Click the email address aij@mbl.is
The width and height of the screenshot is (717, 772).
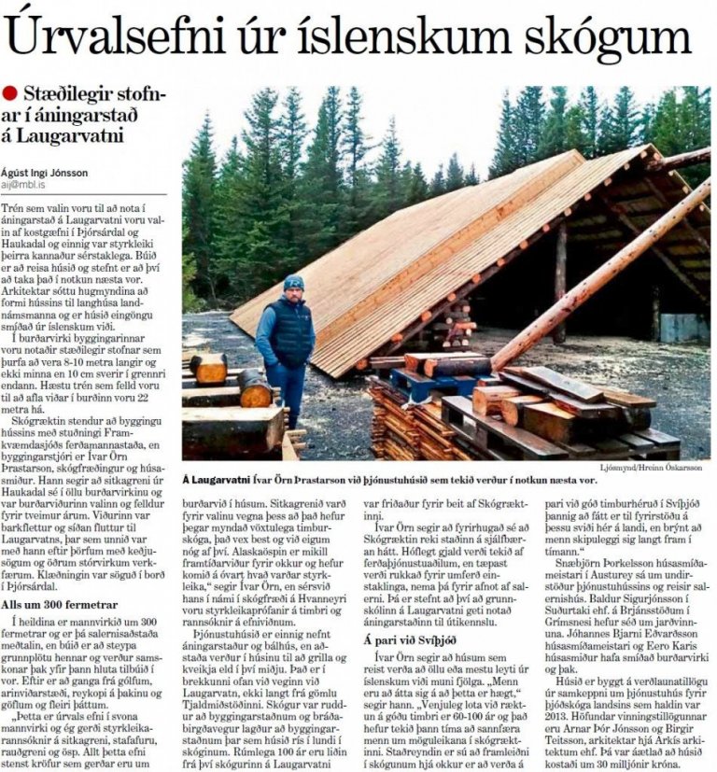(28, 186)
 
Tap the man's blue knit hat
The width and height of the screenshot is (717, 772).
(294, 282)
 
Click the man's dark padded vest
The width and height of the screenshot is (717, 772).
(290, 331)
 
